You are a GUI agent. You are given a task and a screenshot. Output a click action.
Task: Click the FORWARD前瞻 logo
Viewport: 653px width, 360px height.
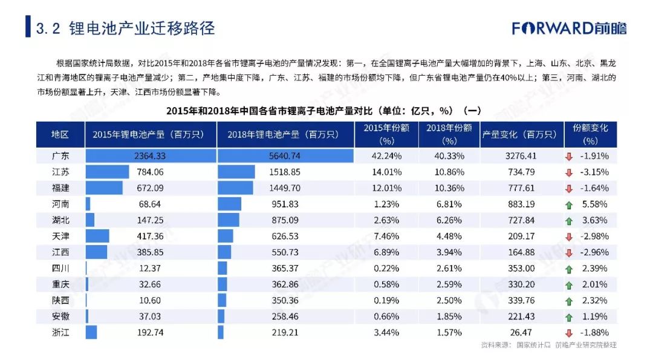pyautogui.click(x=569, y=28)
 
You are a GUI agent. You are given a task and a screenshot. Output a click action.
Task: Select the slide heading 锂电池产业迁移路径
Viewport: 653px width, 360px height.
pyautogui.click(x=142, y=28)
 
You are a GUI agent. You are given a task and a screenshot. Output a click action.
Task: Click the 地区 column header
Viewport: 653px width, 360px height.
pyautogui.click(x=60, y=134)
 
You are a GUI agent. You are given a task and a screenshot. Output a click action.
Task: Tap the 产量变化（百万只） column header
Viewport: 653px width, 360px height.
pyautogui.click(x=519, y=134)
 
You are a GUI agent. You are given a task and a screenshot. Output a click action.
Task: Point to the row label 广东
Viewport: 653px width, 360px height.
pyautogui.click(x=60, y=156)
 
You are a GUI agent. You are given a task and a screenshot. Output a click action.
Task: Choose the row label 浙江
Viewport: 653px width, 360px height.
pyautogui.click(x=60, y=333)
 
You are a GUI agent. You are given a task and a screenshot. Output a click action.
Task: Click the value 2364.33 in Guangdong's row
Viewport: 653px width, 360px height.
pyautogui.click(x=150, y=156)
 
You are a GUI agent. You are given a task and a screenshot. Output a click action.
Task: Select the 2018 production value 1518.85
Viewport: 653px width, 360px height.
pyautogui.click(x=285, y=172)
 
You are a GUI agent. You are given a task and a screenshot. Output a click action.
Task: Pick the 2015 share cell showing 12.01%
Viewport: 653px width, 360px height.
pyautogui.click(x=386, y=188)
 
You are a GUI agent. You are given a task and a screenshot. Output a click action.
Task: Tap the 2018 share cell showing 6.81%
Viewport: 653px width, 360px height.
pyautogui.click(x=449, y=204)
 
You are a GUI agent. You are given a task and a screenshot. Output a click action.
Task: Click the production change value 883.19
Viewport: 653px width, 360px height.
pyautogui.click(x=521, y=204)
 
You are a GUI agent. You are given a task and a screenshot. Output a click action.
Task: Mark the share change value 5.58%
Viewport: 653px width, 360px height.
pyautogui.click(x=595, y=204)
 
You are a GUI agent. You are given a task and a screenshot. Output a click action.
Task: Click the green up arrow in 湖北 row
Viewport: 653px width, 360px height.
pyautogui.click(x=569, y=221)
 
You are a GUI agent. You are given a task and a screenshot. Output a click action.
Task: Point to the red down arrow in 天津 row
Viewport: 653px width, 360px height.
pyautogui.click(x=569, y=237)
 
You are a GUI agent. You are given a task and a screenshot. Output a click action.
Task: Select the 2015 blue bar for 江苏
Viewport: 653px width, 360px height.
pyautogui.click(x=108, y=172)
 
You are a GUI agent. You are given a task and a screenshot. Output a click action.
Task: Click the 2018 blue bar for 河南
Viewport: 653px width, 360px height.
pyautogui.click(x=230, y=204)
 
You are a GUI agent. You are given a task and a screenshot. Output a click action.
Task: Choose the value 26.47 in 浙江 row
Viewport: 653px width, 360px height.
pyautogui.click(x=521, y=333)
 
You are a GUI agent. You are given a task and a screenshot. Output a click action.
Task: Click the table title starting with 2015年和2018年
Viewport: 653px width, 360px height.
pyautogui.click(x=323, y=111)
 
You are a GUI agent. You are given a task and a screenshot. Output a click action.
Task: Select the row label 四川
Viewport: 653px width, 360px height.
pyautogui.click(x=60, y=268)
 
